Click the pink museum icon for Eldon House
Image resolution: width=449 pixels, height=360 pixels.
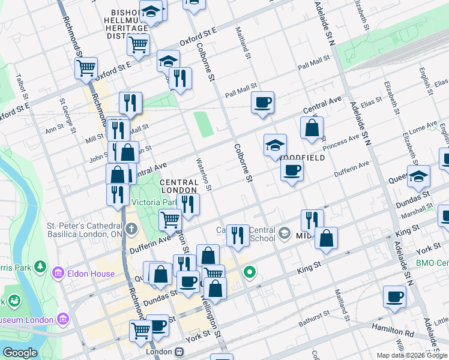pos(58,274)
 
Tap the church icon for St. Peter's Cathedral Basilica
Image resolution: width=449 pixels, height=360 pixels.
pos(131,229)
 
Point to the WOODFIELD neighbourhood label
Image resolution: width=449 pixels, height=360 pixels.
pos(302,158)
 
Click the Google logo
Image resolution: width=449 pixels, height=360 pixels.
pos(20,353)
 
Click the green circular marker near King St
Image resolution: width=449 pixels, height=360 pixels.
pos(250,274)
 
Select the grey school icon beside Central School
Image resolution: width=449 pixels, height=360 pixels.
pos(285,234)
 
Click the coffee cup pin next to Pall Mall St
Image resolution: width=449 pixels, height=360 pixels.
pos(262,103)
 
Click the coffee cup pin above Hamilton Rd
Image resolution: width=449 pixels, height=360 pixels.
pos(395,296)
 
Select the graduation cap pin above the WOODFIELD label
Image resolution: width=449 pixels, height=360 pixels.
pos(275,145)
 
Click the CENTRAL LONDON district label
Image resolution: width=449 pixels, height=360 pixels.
pos(179,186)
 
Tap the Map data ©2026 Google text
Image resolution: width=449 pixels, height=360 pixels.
pos(411,355)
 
